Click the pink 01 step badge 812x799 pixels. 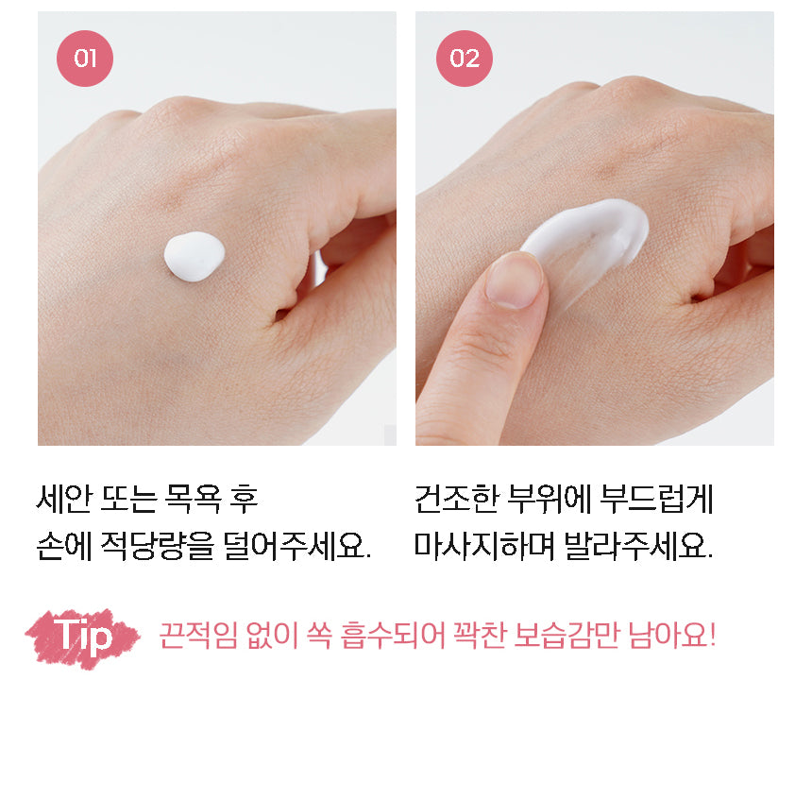[84, 58]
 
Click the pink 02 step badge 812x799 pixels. [464, 58]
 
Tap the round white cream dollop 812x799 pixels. [195, 257]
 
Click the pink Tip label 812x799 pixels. [83, 637]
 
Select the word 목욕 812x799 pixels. [192, 499]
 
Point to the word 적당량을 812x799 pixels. [157, 546]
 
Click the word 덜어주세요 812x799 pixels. [297, 546]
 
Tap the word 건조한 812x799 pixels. [457, 499]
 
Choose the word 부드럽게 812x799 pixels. [656, 499]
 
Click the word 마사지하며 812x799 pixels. [484, 546]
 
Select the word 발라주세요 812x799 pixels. [638, 546]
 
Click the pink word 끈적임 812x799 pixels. [198, 636]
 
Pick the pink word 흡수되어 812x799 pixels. [393, 636]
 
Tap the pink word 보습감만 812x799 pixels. [567, 636]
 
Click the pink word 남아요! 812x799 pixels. [672, 636]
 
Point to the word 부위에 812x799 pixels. [549, 499]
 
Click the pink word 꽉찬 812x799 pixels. [480, 636]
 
